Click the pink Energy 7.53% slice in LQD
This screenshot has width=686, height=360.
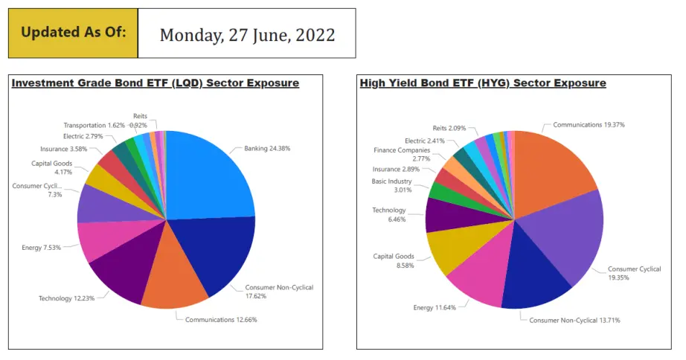(109, 239)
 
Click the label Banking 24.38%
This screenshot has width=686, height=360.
(267, 148)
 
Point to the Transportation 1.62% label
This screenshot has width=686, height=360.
(94, 125)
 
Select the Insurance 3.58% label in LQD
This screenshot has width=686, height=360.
(63, 149)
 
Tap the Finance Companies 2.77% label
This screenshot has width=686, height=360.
(402, 155)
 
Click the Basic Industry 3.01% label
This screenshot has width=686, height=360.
(391, 185)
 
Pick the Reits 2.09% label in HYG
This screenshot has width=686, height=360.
(449, 128)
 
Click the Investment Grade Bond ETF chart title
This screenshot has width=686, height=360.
(156, 83)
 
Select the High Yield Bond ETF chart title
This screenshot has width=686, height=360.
(483, 83)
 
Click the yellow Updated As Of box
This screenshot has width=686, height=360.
(73, 33)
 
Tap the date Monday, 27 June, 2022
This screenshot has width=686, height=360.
(247, 35)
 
